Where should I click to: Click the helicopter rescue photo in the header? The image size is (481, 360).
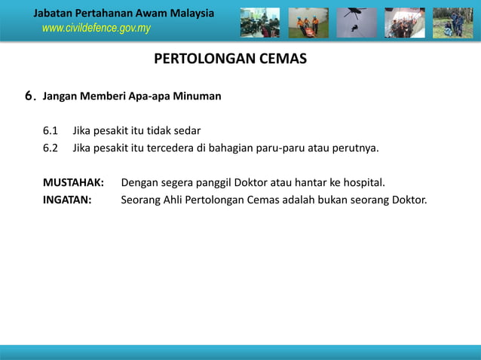click(357, 23)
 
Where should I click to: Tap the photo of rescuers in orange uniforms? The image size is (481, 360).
click(308, 23)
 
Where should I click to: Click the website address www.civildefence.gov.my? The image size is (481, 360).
click(96, 29)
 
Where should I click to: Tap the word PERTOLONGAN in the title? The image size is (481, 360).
click(198, 59)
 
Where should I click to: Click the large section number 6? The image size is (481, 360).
click(30, 96)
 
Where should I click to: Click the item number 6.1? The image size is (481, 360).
click(51, 130)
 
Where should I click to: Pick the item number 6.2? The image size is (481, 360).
click(51, 147)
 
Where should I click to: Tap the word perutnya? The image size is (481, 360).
click(354, 147)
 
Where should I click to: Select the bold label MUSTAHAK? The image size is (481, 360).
click(73, 182)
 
